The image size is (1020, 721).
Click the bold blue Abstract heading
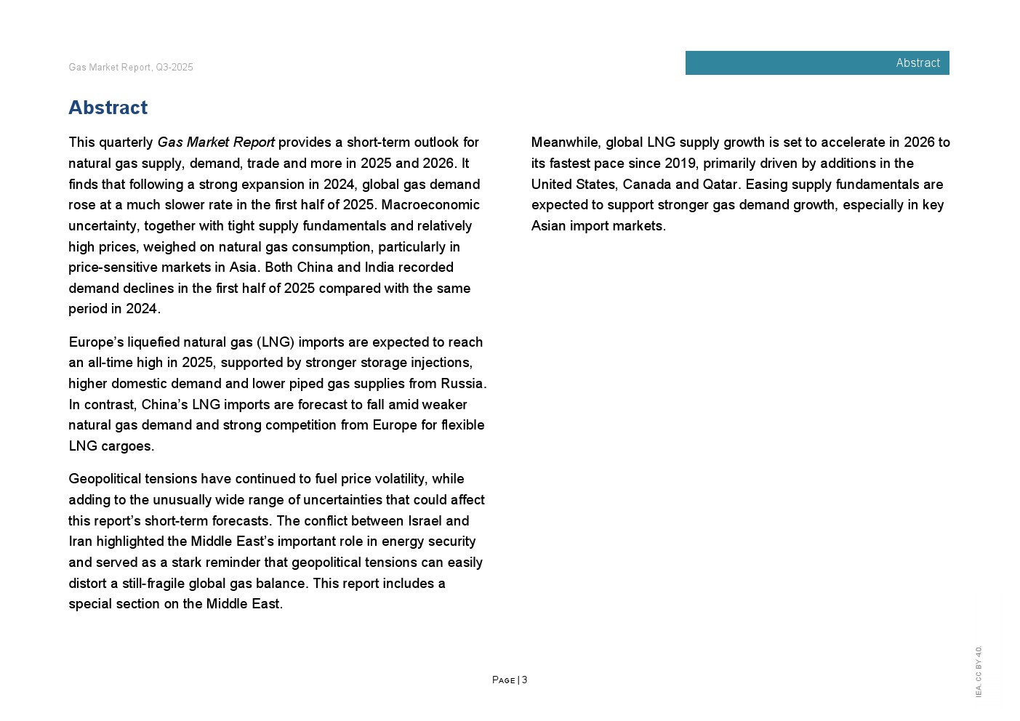pyautogui.click(x=108, y=108)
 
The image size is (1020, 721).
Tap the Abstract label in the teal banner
pyautogui.click(x=917, y=63)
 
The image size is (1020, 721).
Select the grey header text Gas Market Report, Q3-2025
pyautogui.click(x=131, y=68)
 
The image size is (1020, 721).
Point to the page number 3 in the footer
pyautogui.click(x=525, y=680)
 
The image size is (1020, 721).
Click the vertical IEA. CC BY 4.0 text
pyautogui.click(x=979, y=672)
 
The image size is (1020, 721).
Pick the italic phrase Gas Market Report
pyautogui.click(x=216, y=142)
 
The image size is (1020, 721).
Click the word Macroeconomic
pyautogui.click(x=430, y=205)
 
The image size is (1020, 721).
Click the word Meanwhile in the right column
pyautogui.click(x=566, y=142)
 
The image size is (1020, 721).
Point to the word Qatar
pyautogui.click(x=720, y=185)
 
